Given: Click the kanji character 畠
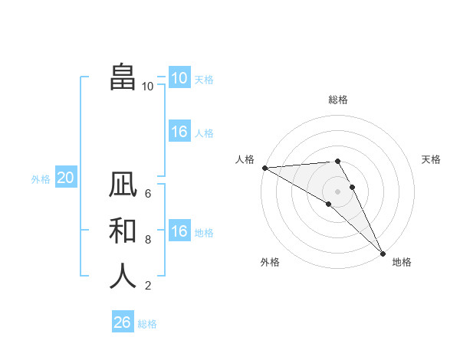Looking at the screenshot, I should (x=123, y=77).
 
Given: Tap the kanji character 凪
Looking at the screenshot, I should (x=123, y=185).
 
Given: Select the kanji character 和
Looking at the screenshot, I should (x=123, y=231).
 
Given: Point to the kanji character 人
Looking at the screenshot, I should (x=123, y=276).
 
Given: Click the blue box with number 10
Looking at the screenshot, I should (x=179, y=78).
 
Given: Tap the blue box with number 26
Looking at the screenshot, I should (x=123, y=322).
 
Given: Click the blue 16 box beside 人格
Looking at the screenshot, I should (x=179, y=132).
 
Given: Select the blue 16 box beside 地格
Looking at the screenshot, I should (x=179, y=231).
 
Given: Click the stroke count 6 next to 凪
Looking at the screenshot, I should (x=148, y=194).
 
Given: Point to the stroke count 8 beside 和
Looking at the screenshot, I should (x=148, y=240).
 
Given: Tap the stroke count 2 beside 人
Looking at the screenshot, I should (x=148, y=286).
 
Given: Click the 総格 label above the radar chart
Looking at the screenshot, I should (x=338, y=100).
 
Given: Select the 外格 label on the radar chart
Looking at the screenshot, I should (x=270, y=262).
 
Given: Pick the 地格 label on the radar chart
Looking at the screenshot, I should (x=402, y=262).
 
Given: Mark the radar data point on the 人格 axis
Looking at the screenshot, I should (x=264, y=168).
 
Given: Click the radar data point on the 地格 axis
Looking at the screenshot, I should (x=383, y=254).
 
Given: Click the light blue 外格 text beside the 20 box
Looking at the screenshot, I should (x=41, y=179).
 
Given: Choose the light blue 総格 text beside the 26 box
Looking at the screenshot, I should (x=147, y=324).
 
